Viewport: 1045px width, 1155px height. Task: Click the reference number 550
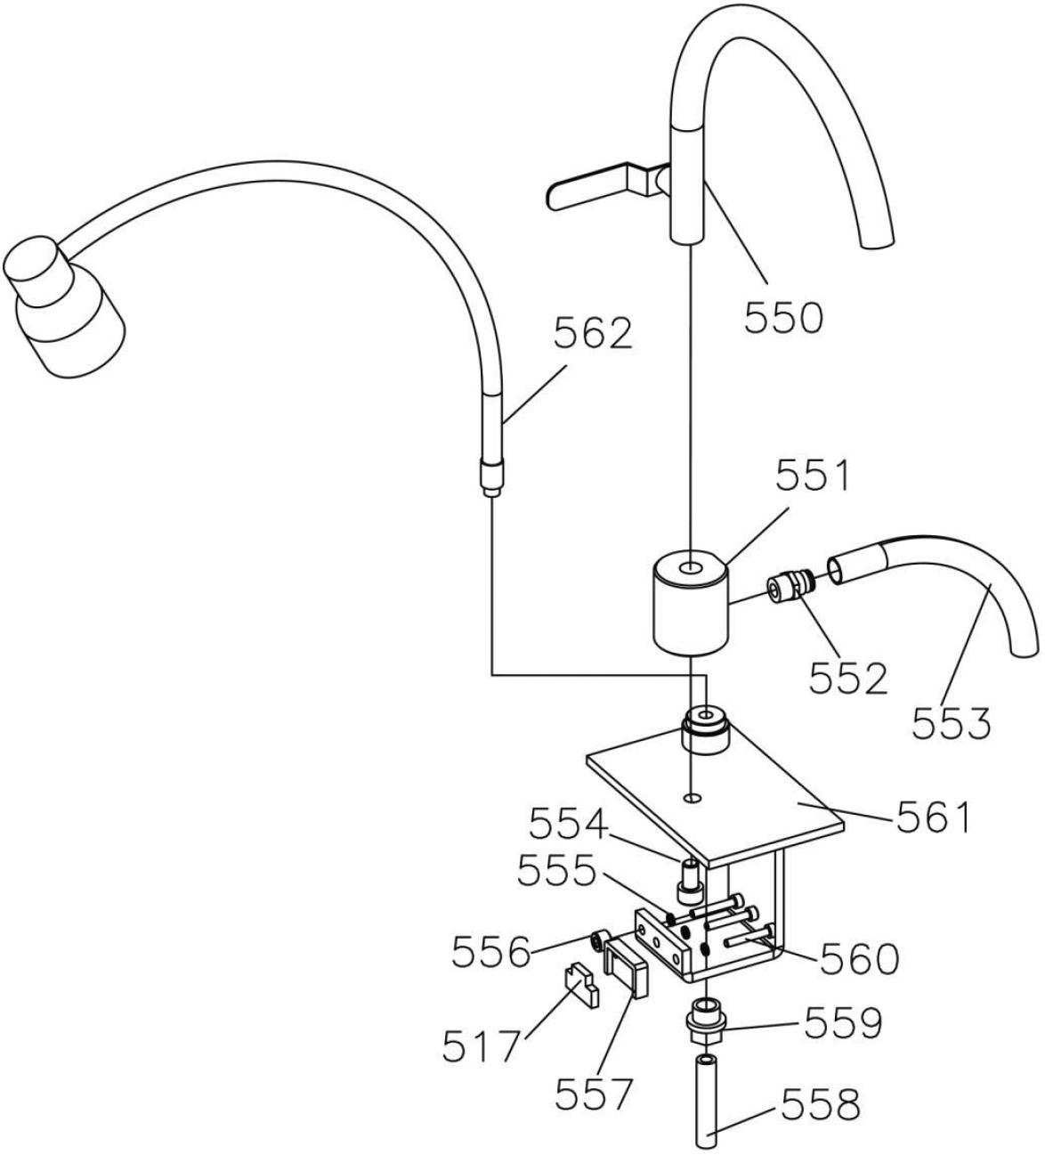[783, 317]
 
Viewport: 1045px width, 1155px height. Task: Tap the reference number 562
[593, 333]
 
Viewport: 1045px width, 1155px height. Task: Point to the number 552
[848, 679]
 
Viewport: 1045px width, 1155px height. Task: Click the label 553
[952, 722]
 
